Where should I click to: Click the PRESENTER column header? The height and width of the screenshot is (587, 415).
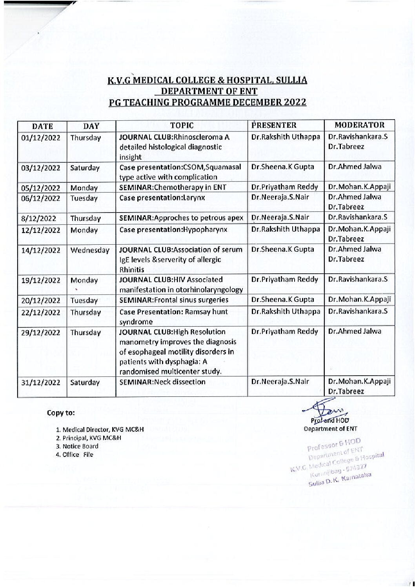click(x=273, y=125)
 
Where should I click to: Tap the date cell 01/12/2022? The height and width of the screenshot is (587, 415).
click(x=40, y=138)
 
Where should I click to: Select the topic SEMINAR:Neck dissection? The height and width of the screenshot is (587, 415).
click(x=162, y=382)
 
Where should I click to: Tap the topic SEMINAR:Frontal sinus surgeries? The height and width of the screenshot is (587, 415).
click(x=174, y=300)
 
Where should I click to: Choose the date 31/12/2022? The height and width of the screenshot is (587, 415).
click(x=40, y=383)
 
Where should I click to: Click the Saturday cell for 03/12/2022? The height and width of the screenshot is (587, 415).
click(x=85, y=168)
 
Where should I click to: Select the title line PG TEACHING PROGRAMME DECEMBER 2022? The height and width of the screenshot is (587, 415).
click(x=207, y=102)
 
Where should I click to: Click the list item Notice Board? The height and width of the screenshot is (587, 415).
click(x=77, y=446)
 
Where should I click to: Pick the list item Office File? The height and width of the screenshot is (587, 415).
click(x=75, y=455)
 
